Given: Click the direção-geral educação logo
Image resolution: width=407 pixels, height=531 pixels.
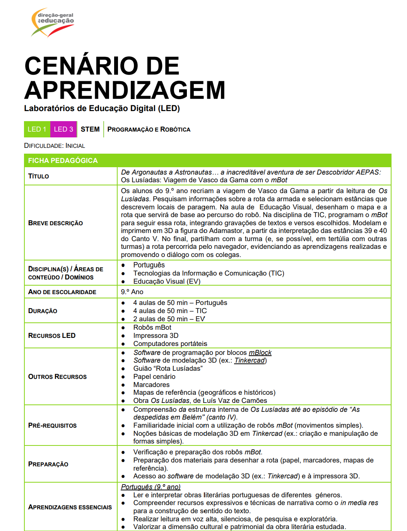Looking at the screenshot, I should tap(53, 22).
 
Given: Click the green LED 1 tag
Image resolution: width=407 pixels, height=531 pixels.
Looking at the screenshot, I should tap(37, 129).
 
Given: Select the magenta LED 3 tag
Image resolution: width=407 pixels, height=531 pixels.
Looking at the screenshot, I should tap(63, 129).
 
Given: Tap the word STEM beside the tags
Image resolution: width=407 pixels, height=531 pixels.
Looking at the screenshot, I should tap(90, 129).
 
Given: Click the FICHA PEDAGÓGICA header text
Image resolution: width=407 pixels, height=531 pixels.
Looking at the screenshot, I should tap(63, 161).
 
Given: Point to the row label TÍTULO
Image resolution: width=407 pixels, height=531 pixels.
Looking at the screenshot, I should tap(39, 176).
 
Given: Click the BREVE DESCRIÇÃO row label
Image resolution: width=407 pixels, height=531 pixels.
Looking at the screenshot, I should tap(55, 223).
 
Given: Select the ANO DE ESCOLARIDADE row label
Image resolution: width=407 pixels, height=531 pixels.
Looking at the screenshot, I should tap(62, 292).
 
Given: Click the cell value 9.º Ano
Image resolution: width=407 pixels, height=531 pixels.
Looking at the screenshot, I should tap(132, 292).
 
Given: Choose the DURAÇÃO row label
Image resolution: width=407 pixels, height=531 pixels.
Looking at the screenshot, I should tap(43, 311).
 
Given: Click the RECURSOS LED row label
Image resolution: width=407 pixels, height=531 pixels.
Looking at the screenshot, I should tap(52, 336).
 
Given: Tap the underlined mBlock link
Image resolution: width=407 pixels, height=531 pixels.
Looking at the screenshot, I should tap(260, 353).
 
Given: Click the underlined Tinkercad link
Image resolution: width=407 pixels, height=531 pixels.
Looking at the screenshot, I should tap(250, 361).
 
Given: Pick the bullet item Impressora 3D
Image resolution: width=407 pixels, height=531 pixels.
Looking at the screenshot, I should tap(156, 336).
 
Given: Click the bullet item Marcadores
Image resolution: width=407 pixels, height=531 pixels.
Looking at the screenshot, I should tap(151, 385).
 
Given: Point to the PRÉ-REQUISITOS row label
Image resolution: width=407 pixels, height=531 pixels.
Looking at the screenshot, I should tap(52, 426).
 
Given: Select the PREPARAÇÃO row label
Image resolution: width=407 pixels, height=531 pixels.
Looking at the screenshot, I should tap(48, 464).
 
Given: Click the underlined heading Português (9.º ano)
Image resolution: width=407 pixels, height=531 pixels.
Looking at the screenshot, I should tap(150, 487).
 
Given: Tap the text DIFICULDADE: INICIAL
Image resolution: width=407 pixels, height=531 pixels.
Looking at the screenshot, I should tap(54, 146).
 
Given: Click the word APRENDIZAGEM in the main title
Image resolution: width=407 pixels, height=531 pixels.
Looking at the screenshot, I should tap(125, 91).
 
